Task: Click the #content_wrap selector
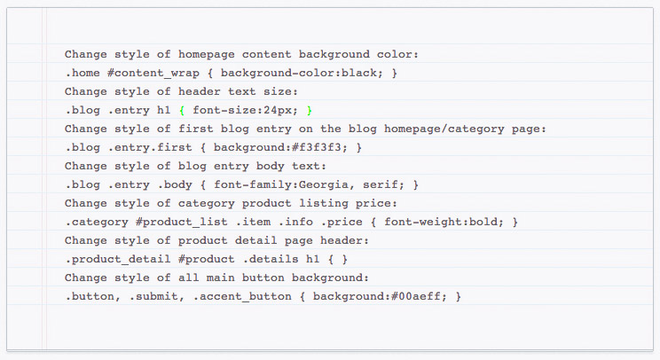pyautogui.click(x=153, y=74)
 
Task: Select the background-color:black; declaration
pyautogui.click(x=302, y=73)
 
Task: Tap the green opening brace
pyautogui.click(x=182, y=110)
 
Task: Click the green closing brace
pyautogui.click(x=310, y=110)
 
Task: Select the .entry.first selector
pyautogui.click(x=150, y=147)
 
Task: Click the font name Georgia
pyautogui.click(x=324, y=184)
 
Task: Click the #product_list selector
pyautogui.click(x=182, y=222)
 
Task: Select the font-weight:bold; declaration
pyautogui.click(x=444, y=222)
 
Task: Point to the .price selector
pyautogui.click(x=342, y=222)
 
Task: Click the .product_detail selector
pyautogui.click(x=118, y=259)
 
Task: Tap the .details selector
pyautogui.click(x=271, y=259)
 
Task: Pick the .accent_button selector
pyautogui.click(x=242, y=296)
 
